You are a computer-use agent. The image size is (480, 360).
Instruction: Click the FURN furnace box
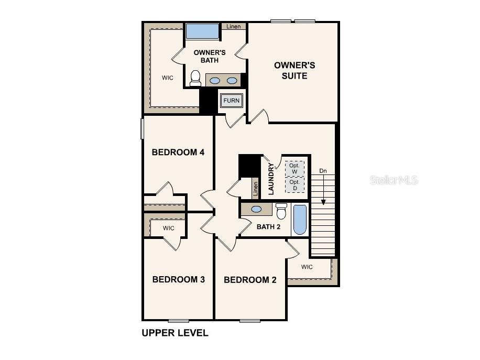pyautogui.click(x=231, y=101)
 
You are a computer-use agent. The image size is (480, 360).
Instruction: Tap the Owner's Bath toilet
pyautogui.click(x=195, y=78)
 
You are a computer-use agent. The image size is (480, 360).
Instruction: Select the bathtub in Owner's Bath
pyautogui.click(x=202, y=31)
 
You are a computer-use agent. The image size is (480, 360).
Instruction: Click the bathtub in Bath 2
pyautogui.click(x=300, y=220)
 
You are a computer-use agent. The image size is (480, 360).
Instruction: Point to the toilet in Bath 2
pyautogui.click(x=281, y=212)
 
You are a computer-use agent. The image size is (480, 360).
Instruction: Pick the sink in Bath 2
pyautogui.click(x=257, y=209)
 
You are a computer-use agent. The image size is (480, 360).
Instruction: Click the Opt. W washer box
pyautogui.click(x=294, y=169)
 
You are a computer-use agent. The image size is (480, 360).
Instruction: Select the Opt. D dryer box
pyautogui.click(x=294, y=185)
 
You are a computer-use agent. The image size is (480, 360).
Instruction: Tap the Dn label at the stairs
pyautogui.click(x=323, y=171)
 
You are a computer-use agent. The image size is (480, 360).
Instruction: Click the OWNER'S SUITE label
pyautogui.click(x=294, y=71)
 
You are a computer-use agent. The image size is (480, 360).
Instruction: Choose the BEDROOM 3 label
pyautogui.click(x=178, y=279)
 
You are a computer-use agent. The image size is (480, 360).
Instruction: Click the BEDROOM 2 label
pyautogui.click(x=250, y=280)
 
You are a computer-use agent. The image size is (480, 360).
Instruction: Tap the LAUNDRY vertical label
pyautogui.click(x=271, y=179)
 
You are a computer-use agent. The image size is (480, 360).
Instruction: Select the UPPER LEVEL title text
pyautogui.click(x=175, y=333)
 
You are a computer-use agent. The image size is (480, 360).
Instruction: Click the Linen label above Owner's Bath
pyautogui.click(x=234, y=26)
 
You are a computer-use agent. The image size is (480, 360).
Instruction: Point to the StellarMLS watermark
pyautogui.click(x=394, y=180)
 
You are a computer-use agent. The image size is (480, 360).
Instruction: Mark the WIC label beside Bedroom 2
pyautogui.click(x=307, y=267)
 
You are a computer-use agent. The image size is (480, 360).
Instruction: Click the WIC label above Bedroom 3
pyautogui.click(x=168, y=228)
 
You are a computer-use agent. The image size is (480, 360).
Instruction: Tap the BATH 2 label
pyautogui.click(x=269, y=227)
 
